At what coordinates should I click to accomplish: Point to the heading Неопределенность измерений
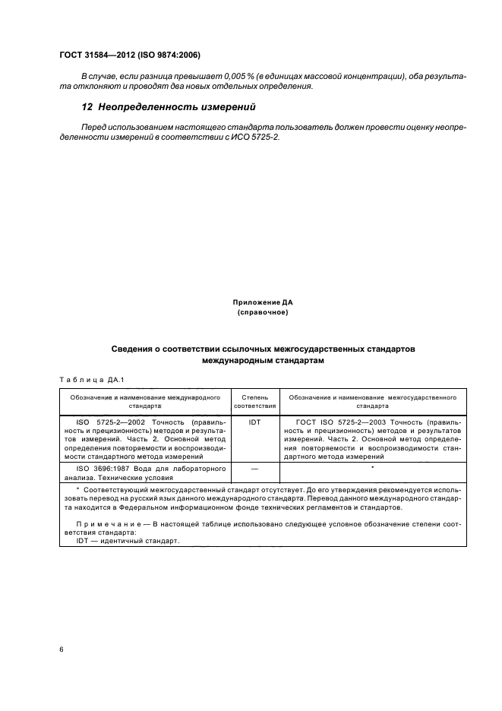176,106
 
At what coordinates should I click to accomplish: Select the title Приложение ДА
262,302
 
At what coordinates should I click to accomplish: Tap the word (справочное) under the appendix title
262,312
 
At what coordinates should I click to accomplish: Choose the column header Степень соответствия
254,401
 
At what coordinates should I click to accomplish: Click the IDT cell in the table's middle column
254,419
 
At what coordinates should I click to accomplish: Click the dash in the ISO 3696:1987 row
254,469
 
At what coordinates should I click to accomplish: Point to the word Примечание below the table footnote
111,524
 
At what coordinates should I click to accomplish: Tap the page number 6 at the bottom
62,650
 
